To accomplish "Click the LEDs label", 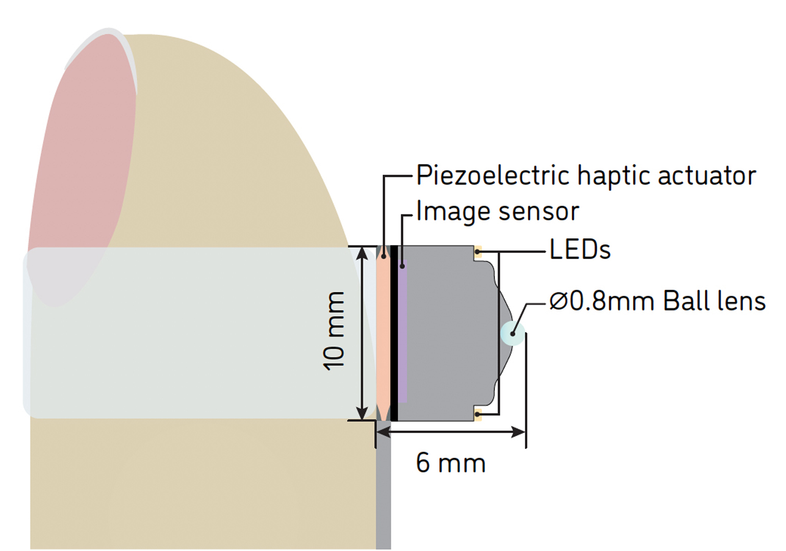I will (x=580, y=251).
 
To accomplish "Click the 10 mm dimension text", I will (x=335, y=331).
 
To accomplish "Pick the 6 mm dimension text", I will (x=450, y=463).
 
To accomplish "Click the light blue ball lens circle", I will (x=513, y=333).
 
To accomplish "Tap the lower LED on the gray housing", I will (x=478, y=414).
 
